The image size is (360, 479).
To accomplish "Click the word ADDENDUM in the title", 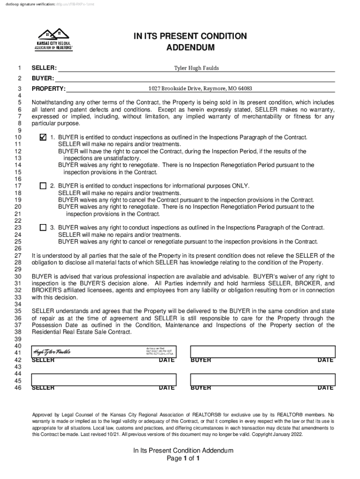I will tap(190, 48).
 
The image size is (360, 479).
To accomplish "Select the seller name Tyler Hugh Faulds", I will tap(196, 68).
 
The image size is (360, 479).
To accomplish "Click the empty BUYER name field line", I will tap(195, 79).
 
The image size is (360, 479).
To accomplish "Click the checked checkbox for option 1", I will tap(43, 138).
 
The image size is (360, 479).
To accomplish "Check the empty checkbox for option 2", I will tap(43, 186).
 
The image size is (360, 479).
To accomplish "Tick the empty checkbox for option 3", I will tap(43, 228).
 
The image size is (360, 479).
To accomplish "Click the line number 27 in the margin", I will tap(19, 256).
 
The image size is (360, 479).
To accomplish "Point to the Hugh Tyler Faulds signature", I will tap(51, 352).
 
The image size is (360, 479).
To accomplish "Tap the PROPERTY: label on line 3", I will tap(49, 89).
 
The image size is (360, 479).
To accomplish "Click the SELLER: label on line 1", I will tap(44, 68).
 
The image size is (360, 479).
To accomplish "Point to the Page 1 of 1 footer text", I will tap(183, 458).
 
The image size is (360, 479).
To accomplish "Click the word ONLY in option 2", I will tap(239, 186).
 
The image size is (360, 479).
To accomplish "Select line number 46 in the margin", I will tap(19, 388).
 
